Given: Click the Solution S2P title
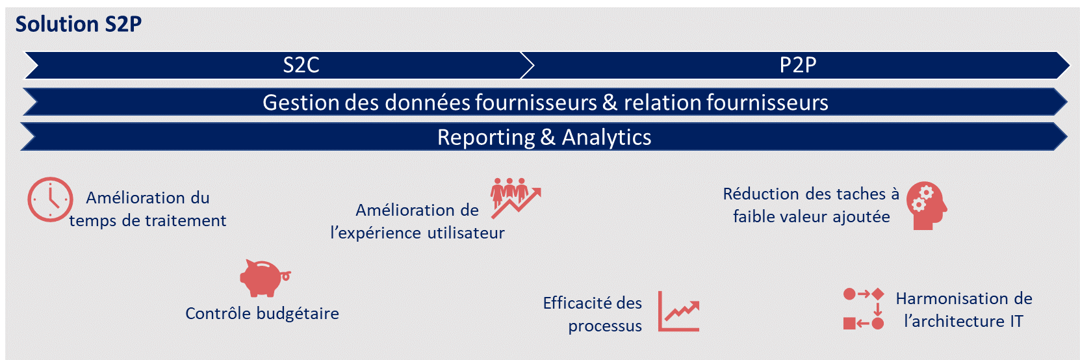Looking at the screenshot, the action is (79, 24).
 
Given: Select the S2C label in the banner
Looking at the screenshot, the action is (302, 65).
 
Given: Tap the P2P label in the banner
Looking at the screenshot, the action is (798, 65).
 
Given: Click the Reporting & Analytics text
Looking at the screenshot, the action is (545, 137).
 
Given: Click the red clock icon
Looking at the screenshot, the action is (50, 199).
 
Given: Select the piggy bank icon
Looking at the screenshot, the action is (265, 278).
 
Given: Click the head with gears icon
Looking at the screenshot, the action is (927, 206).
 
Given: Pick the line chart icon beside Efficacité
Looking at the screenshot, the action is (678, 311).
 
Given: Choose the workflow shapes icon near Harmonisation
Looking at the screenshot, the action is (864, 309).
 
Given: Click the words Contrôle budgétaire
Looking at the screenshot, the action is (263, 314).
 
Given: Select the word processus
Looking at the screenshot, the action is (605, 326).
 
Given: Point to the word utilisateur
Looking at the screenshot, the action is (466, 233).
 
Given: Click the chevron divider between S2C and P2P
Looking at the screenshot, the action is (528, 65).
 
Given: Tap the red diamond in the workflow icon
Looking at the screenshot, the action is (878, 294).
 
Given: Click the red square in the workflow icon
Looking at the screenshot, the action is (849, 324).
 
